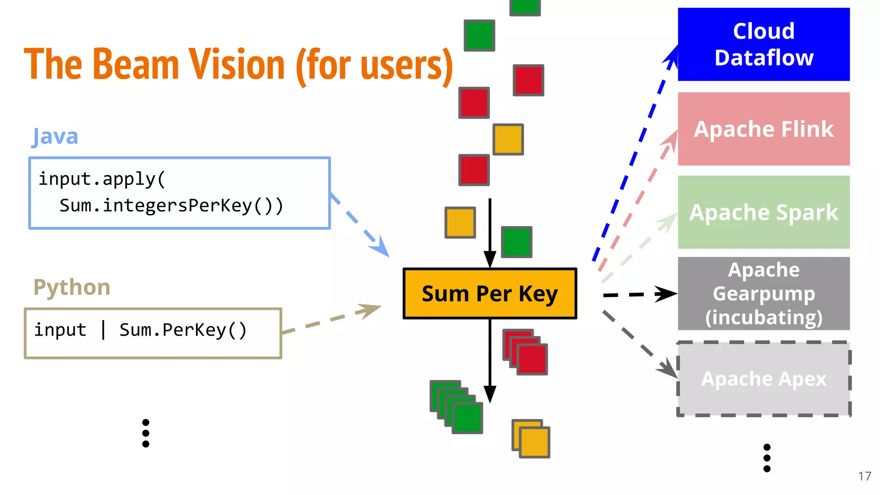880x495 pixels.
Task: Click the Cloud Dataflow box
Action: coord(764,44)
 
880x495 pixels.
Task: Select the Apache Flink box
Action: coord(764,129)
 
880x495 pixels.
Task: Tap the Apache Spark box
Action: coord(764,212)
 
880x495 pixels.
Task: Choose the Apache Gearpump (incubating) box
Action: coord(764,293)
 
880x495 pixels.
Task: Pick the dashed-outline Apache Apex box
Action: coord(764,379)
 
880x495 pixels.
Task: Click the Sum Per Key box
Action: coord(489,294)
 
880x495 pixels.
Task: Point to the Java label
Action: coord(55,137)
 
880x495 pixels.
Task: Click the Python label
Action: coord(72,287)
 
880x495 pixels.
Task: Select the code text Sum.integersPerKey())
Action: coord(171,205)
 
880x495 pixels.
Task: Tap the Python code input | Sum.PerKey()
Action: coord(141,330)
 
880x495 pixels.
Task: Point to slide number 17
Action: coord(865,476)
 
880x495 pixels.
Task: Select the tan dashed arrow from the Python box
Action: coord(331,318)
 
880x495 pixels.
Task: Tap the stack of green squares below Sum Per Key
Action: coord(456,407)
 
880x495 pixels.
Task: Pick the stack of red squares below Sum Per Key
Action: coord(525,352)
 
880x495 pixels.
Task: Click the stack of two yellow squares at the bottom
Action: coord(531,439)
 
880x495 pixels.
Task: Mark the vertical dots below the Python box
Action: coord(146,433)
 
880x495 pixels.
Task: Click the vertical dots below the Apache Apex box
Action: coord(767,458)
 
